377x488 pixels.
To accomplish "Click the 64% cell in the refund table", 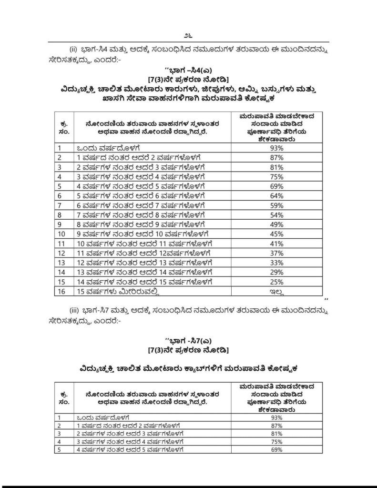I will [277, 195].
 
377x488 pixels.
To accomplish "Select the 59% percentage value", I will [277, 205].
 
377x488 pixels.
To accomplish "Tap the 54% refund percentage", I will [277, 214].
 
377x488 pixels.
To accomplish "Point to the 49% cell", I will [277, 224].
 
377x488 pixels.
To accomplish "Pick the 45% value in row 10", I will [277, 234].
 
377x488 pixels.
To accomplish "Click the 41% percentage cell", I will [277, 244].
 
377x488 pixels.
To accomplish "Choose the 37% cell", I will [277, 253].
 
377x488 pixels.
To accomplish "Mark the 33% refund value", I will [277, 263].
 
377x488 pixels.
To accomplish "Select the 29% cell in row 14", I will [277, 272].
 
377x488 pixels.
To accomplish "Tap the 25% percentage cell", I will [277, 282].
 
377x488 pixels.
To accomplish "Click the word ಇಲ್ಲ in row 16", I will [277, 292].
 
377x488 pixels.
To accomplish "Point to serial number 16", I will [61, 292].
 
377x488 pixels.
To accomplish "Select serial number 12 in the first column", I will [61, 253].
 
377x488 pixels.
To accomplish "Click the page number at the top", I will [188, 36].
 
